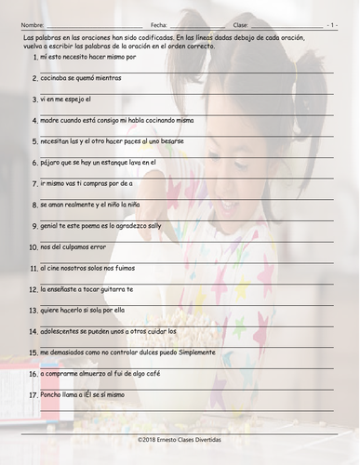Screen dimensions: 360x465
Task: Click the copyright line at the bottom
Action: click(180, 438)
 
